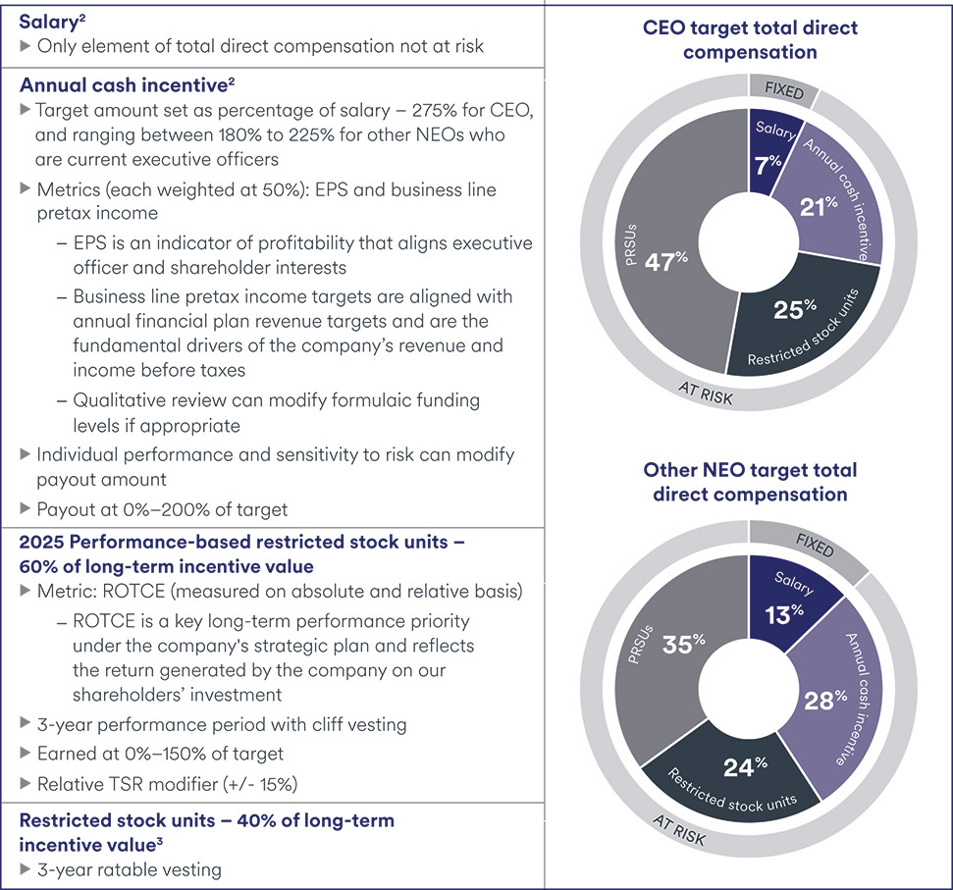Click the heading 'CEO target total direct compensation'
coord(749,39)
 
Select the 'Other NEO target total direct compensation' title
coord(749,482)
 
